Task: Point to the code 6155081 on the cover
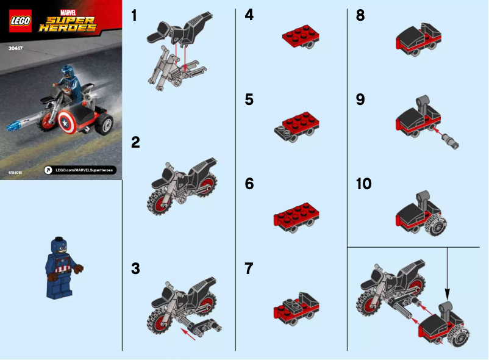click(x=16, y=173)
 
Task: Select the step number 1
click(x=135, y=16)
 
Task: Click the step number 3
click(x=135, y=268)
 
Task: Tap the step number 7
click(x=249, y=268)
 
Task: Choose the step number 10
click(x=363, y=184)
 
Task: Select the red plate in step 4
click(x=301, y=37)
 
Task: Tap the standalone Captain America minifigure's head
click(x=60, y=246)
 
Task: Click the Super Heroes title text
click(x=68, y=24)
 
